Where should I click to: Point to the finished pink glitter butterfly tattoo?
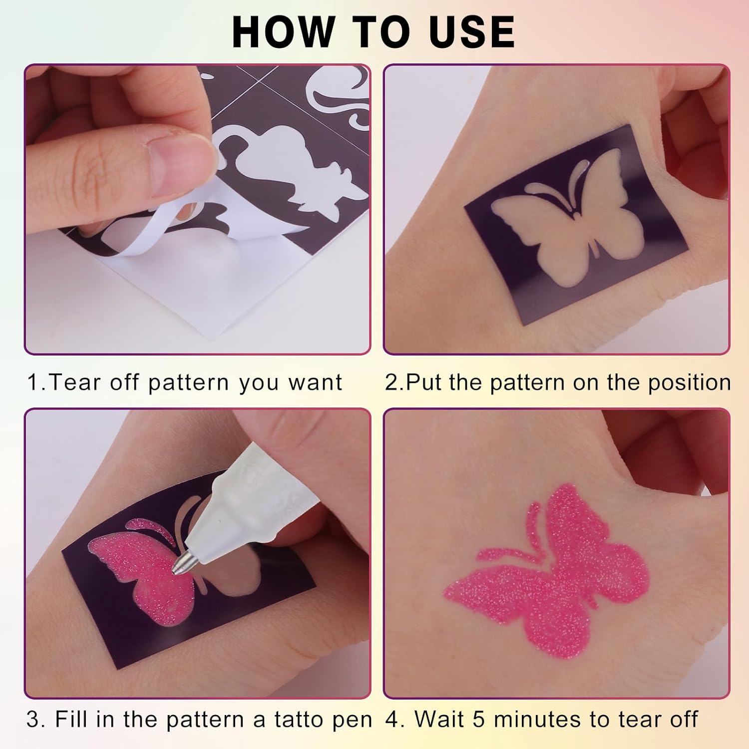(x=547, y=570)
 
